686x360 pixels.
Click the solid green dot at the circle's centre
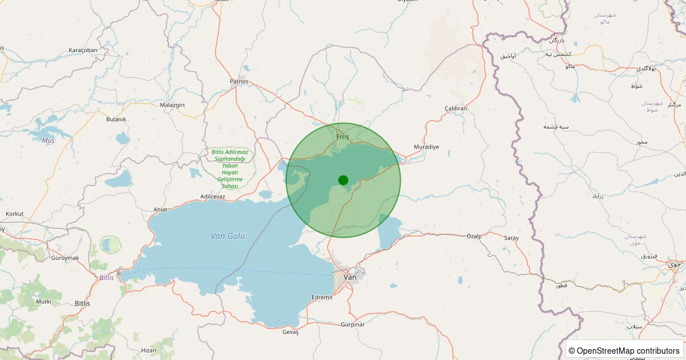pos(343,180)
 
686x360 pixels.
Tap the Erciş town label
pos(342,137)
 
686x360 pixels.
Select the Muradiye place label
pos(426,147)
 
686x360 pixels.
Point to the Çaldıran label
pos(456,109)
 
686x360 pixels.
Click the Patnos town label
pos(239,81)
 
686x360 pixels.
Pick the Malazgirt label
pos(172,105)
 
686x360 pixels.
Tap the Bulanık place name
pos(116,119)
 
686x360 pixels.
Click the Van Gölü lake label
pos(228,236)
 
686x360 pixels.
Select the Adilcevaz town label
pos(213,197)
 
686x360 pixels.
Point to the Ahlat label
pos(161,210)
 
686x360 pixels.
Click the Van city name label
pos(350,277)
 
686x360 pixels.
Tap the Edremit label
pos(322,297)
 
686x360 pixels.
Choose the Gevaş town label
pos(290,332)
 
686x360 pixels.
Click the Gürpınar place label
pos(352,325)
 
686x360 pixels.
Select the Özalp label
pos(474,236)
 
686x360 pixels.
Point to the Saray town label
pos(511,237)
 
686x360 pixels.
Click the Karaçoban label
pos(83,50)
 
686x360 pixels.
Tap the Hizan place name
pos(148,350)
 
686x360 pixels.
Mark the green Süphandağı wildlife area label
pos(229,169)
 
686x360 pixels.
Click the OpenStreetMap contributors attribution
pos(624,350)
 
